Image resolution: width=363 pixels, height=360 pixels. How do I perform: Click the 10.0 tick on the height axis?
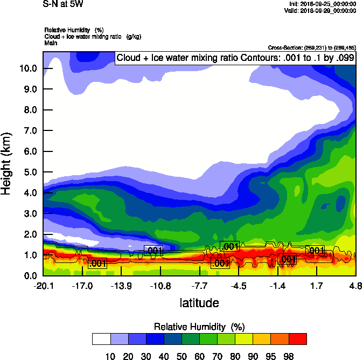[x=28, y=68]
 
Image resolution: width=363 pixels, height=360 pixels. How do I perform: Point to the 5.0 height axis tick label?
[x=30, y=172]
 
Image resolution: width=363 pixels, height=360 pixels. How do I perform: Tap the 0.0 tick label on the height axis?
[x=30, y=276]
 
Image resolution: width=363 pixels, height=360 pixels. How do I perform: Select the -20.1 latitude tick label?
[x=43, y=286]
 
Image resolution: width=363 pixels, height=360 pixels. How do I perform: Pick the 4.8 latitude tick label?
[x=355, y=286]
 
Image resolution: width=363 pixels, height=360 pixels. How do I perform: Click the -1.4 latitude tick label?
[x=277, y=286]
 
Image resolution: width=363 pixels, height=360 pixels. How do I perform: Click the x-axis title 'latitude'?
[x=199, y=303]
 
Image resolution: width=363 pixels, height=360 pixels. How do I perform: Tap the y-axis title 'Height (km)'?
[x=8, y=164]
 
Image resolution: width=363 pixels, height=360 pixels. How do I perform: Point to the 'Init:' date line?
[x=322, y=4]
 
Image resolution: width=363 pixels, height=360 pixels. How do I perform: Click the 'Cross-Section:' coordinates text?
[x=312, y=47]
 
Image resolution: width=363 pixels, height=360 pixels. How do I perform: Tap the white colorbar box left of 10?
[x=101, y=339]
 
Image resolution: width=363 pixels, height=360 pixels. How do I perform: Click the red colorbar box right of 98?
[x=298, y=339]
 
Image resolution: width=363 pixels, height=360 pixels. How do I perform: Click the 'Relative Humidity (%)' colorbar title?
[x=200, y=327]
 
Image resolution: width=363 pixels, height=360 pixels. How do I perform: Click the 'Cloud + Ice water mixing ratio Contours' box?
[x=235, y=58]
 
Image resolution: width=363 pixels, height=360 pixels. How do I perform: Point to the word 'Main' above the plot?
[x=51, y=42]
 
